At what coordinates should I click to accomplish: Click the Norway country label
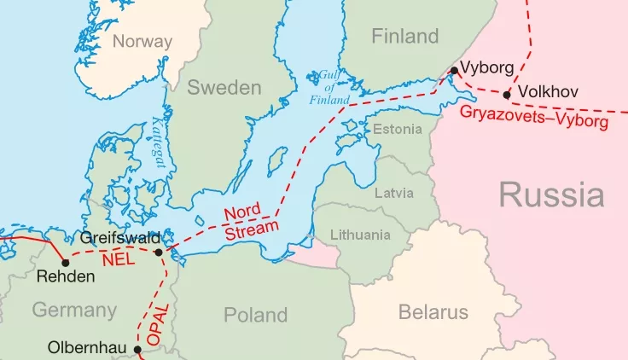142,41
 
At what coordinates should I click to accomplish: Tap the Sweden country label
224,88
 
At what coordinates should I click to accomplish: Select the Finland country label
404,36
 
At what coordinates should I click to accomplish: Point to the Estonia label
398,129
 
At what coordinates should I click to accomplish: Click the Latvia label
394,193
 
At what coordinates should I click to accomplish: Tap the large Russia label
551,195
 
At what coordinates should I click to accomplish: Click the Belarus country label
433,312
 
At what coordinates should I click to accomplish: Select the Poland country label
255,315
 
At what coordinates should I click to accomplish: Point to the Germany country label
75,310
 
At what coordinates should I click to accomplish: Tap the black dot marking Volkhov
508,95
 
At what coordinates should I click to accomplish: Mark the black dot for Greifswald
159,252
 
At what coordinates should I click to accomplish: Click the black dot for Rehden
65,262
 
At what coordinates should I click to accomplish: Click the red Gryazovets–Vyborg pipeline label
534,118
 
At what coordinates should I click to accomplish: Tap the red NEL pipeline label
118,258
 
